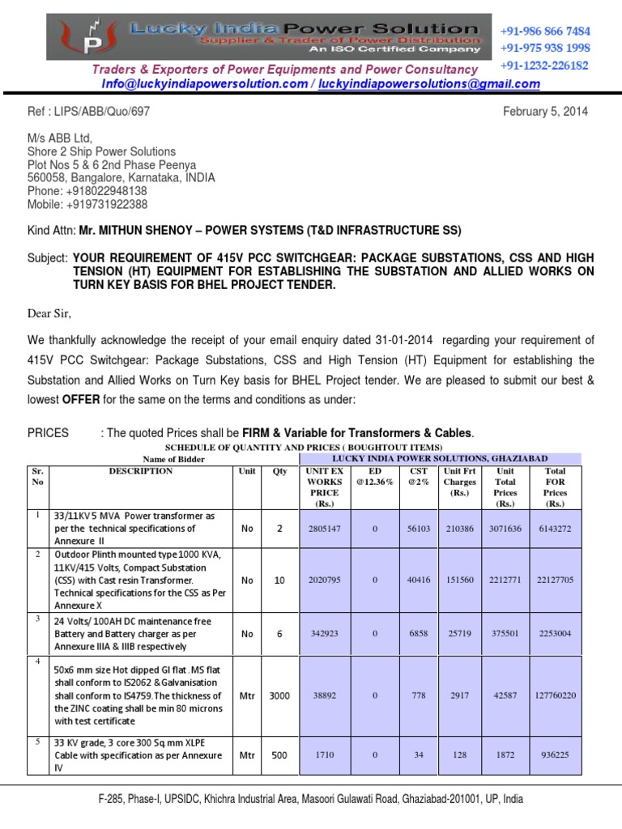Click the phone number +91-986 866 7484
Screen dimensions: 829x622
pyautogui.click(x=545, y=32)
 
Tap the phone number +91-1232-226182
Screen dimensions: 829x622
pyautogui.click(x=544, y=66)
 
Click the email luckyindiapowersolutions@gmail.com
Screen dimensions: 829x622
pyautogui.click(x=427, y=84)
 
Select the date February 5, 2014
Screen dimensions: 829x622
pyautogui.click(x=546, y=111)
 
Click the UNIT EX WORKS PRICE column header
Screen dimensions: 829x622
pyautogui.click(x=324, y=487)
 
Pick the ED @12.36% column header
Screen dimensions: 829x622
pyautogui.click(x=375, y=476)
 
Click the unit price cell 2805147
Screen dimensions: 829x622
pyautogui.click(x=324, y=529)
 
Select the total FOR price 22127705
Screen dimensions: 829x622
pyautogui.click(x=555, y=580)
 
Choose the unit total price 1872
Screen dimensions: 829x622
pyautogui.click(x=505, y=755)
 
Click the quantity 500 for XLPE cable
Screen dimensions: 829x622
pyautogui.click(x=279, y=755)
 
